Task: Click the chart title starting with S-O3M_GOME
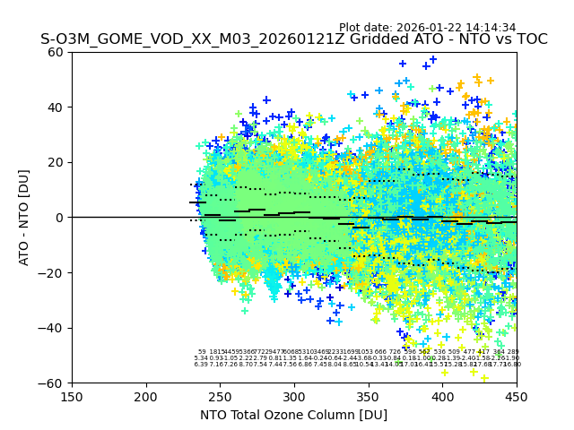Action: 293,40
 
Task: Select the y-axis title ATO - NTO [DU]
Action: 24,217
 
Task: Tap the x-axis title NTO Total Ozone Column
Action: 293,415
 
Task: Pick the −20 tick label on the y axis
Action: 54,272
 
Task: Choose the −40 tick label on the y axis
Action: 54,328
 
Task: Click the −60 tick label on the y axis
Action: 54,383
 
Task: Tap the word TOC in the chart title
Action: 531,40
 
